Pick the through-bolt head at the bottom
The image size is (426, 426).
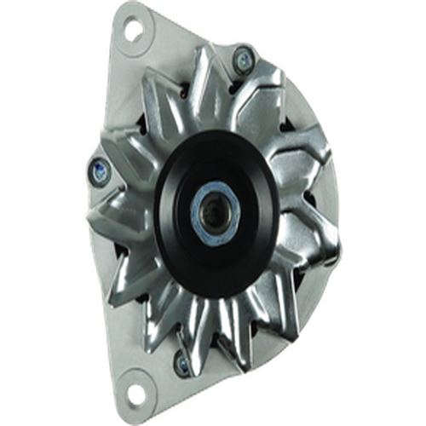181,364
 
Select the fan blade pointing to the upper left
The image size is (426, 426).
145,115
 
